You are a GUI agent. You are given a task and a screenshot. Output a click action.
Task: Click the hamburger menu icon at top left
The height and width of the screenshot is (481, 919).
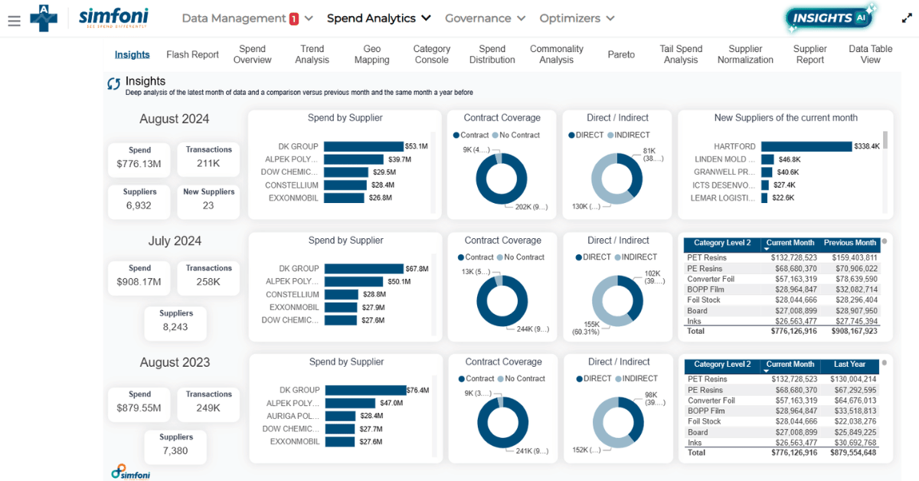pyautogui.click(x=14, y=21)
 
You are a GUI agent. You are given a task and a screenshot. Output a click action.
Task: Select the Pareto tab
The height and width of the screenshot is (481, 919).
pyautogui.click(x=621, y=54)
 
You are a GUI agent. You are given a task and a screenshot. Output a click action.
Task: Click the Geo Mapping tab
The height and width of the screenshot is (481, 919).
pyautogui.click(x=371, y=54)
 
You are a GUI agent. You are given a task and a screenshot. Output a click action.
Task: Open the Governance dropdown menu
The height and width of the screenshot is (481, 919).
pyautogui.click(x=485, y=18)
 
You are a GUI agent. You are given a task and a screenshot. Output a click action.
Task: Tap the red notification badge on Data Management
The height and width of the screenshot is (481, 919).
pyautogui.click(x=294, y=19)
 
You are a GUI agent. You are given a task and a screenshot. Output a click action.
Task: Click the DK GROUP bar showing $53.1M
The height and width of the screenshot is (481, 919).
pyautogui.click(x=363, y=146)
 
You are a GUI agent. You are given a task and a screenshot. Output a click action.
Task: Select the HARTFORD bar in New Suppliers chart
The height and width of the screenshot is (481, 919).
pyautogui.click(x=806, y=146)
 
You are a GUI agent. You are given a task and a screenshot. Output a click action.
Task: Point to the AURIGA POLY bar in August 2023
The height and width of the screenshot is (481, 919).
pyautogui.click(x=342, y=416)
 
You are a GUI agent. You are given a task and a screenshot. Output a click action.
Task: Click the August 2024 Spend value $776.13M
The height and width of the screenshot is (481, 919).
pyautogui.click(x=139, y=164)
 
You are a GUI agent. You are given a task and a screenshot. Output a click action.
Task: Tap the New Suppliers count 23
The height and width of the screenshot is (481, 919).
pyautogui.click(x=208, y=205)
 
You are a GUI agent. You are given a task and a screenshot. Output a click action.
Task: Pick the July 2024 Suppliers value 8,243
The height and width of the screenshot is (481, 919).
pyautogui.click(x=176, y=327)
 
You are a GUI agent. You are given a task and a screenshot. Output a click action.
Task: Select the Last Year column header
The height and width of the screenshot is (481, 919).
pyautogui.click(x=849, y=365)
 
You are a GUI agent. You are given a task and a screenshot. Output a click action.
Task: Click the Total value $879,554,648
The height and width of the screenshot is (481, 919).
pyautogui.click(x=850, y=453)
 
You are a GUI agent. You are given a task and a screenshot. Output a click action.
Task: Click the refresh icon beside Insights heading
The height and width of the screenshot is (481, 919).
pyautogui.click(x=113, y=83)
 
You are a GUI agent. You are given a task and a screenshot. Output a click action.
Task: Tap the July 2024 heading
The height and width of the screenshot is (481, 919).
pyautogui.click(x=175, y=241)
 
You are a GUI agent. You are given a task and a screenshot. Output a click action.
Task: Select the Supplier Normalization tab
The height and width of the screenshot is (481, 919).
pyautogui.click(x=745, y=54)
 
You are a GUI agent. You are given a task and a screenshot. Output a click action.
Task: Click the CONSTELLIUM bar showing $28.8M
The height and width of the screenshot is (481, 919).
pyautogui.click(x=341, y=294)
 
